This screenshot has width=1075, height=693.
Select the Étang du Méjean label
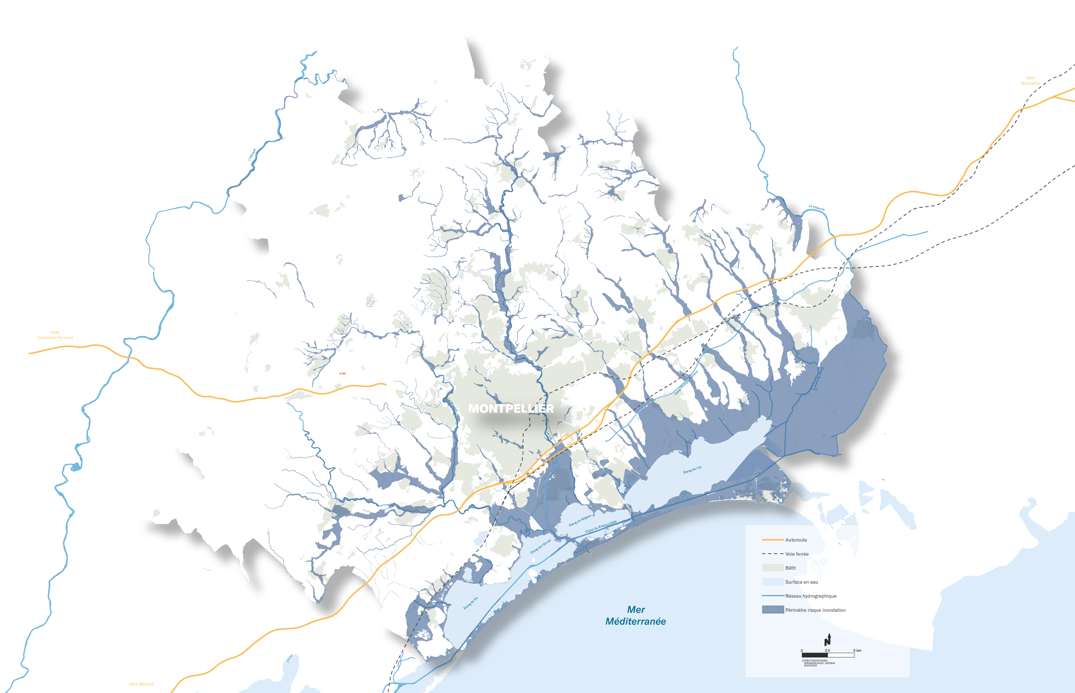click(x=580, y=521)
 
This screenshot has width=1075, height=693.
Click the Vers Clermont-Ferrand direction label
click(x=55, y=335)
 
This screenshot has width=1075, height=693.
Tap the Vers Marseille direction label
click(x=1030, y=81)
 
